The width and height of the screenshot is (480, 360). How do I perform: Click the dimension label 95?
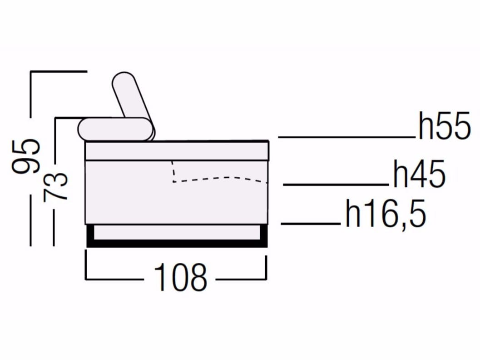[26, 156]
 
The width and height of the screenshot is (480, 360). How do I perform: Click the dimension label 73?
[55, 187]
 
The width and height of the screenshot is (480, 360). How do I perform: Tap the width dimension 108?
[181, 278]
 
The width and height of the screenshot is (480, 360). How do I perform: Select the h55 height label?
[445, 126]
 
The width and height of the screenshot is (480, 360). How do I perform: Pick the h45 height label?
[419, 174]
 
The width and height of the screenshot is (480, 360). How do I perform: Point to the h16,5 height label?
[386, 213]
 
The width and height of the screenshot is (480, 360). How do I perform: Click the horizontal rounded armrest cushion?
[115, 129]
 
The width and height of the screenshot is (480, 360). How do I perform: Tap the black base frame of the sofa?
[177, 243]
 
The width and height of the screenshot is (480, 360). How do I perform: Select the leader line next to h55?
[347, 137]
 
